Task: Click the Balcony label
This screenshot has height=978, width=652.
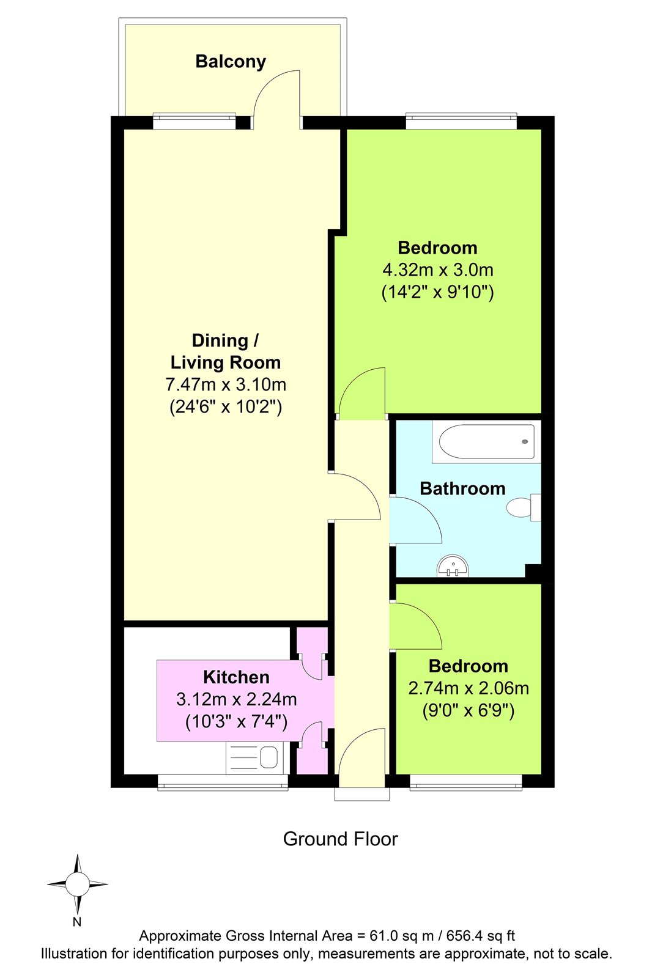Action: [231, 62]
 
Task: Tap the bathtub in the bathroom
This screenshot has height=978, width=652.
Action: [487, 441]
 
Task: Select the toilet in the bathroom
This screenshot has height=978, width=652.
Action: [524, 507]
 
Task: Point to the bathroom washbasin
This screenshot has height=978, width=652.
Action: [452, 566]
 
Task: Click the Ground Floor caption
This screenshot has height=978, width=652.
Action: [341, 839]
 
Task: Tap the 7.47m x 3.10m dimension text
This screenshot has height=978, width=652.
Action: [226, 384]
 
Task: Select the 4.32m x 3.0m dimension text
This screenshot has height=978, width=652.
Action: [438, 270]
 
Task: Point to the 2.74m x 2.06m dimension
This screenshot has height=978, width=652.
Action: [469, 688]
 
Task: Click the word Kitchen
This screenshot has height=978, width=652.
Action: [237, 677]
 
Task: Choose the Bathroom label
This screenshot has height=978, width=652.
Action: [462, 488]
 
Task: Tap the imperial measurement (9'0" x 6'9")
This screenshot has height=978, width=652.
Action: [469, 711]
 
